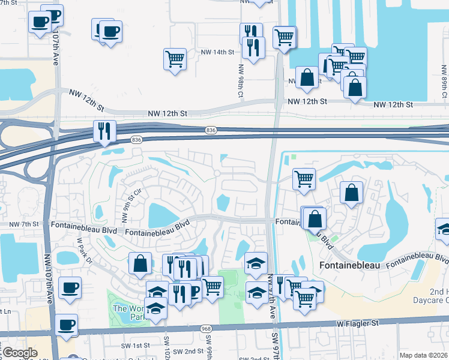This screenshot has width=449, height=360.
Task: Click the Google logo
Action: (19, 353)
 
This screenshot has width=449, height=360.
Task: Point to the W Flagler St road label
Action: (358, 323)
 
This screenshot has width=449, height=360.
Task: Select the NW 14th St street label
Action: (217, 52)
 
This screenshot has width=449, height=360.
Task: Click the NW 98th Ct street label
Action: (240, 82)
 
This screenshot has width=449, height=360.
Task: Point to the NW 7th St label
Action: (24, 224)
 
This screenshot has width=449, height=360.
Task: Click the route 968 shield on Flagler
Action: (207, 329)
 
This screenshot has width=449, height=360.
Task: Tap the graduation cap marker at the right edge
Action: (444, 229)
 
